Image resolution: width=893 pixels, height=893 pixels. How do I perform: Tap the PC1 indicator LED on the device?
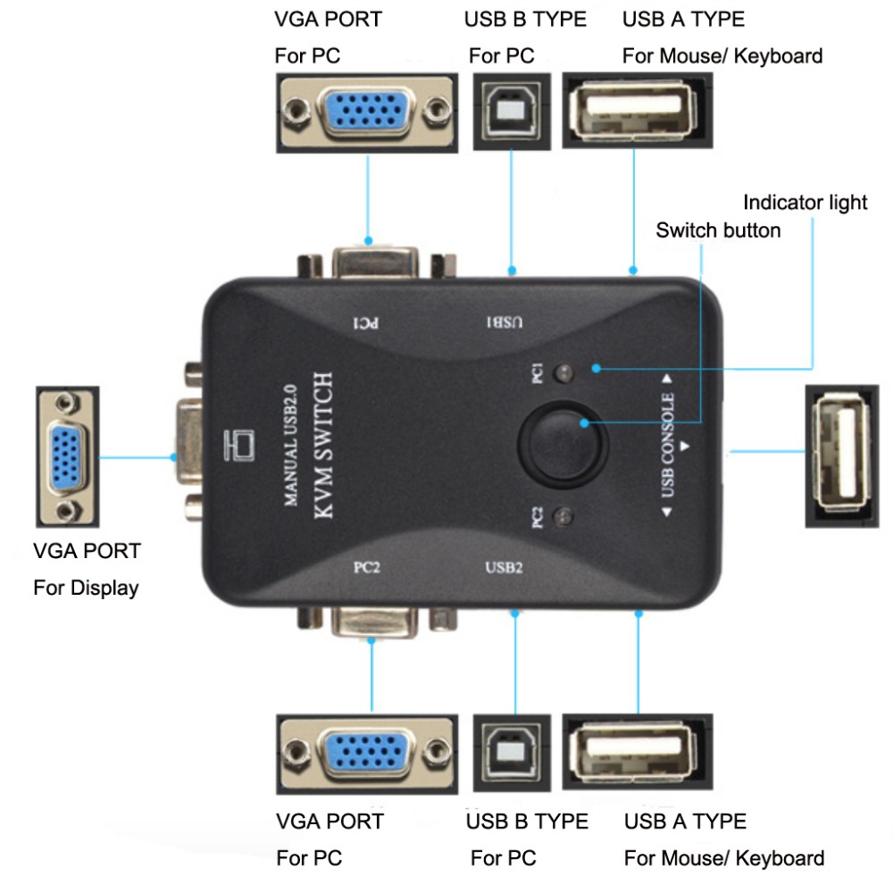563,373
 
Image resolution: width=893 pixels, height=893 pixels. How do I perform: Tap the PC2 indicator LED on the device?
563,515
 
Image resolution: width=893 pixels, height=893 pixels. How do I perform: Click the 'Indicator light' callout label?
805,203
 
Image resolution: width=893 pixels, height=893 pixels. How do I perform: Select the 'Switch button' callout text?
718,230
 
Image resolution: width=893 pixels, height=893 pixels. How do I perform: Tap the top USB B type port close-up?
510,112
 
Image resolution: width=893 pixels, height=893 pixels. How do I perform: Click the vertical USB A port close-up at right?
842,456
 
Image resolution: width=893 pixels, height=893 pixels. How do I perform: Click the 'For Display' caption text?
86,588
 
